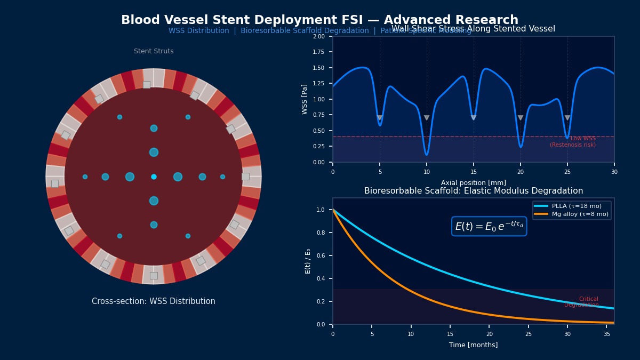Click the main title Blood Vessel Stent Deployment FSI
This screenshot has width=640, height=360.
coord(319,20)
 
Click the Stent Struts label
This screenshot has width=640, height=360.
coord(154,51)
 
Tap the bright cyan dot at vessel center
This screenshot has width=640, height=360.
coord(154,177)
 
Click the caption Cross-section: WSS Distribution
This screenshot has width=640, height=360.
coord(154,301)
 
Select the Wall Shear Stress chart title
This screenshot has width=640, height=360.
coord(473,29)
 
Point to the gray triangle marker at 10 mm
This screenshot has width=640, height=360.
coord(427,118)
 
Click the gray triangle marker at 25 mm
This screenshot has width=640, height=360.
coord(567,118)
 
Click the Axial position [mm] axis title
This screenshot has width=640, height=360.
coord(473,183)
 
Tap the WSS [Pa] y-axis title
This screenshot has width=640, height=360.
coord(305,99)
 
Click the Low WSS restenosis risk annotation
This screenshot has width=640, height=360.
coord(573,142)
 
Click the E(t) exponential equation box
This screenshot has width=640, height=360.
coord(489,226)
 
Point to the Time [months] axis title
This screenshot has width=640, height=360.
coord(473,345)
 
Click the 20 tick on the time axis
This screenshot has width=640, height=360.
coord(489,334)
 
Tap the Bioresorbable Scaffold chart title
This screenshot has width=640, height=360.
coord(473,191)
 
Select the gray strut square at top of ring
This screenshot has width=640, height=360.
coord(147,84)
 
